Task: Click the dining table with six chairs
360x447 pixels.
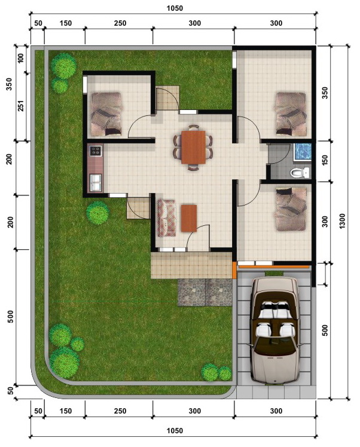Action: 193,148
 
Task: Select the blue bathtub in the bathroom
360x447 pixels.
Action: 303,151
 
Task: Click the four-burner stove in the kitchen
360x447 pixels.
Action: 95,151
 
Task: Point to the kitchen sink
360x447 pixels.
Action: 95,182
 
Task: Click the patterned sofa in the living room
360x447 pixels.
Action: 167,218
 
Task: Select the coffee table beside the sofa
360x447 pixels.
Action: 189,218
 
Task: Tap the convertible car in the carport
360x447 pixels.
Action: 274,330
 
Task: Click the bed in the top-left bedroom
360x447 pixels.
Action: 106,114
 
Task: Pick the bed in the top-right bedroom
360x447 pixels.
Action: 291,113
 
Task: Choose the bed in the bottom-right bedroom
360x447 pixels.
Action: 291,209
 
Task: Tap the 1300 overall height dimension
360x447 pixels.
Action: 342,221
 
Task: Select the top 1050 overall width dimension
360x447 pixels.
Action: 175,8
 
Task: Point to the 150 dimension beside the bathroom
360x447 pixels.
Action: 325,160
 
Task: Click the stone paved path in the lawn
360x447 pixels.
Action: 205,292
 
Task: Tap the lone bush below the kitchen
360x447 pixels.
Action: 98,213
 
